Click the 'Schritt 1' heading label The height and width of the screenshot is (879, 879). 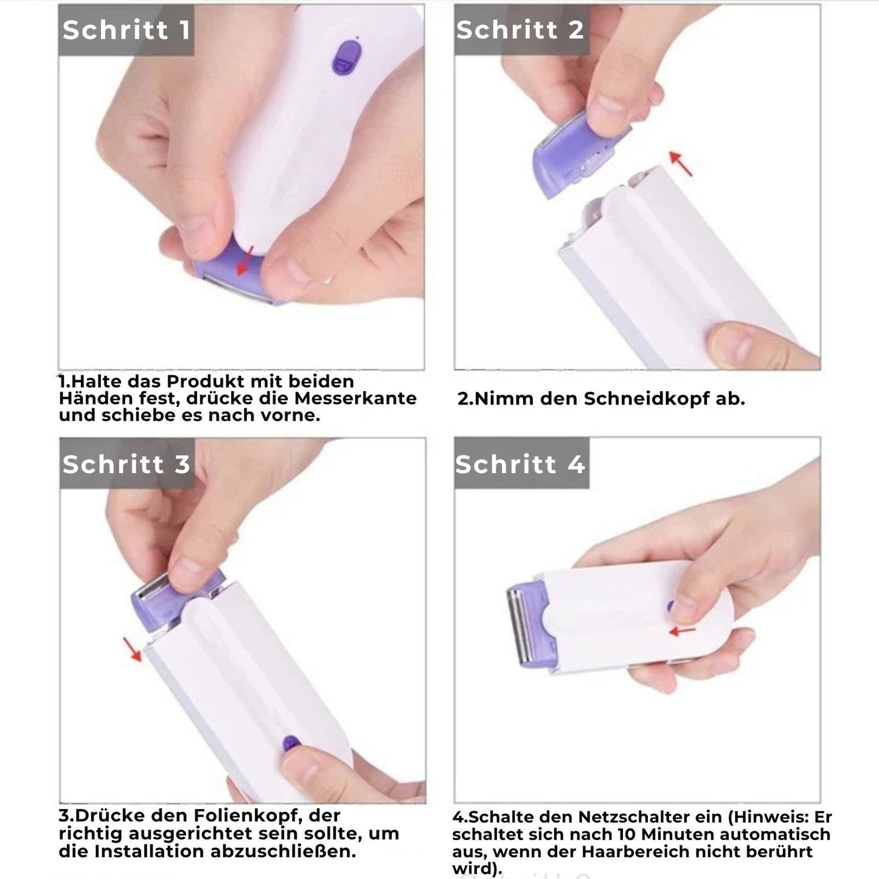click(127, 30)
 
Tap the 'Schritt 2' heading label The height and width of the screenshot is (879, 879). click(521, 30)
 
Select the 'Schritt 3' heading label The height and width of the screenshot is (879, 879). click(127, 464)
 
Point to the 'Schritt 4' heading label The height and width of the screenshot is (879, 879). click(521, 464)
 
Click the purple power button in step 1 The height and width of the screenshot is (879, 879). click(346, 58)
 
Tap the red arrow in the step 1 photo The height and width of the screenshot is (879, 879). click(245, 262)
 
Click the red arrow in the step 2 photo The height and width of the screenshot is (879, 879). click(681, 163)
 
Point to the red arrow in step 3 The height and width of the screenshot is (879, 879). click(132, 649)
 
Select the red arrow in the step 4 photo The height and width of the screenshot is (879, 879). click(682, 631)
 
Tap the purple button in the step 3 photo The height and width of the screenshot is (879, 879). click(291, 744)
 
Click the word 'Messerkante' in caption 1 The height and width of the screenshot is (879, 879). click(355, 398)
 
